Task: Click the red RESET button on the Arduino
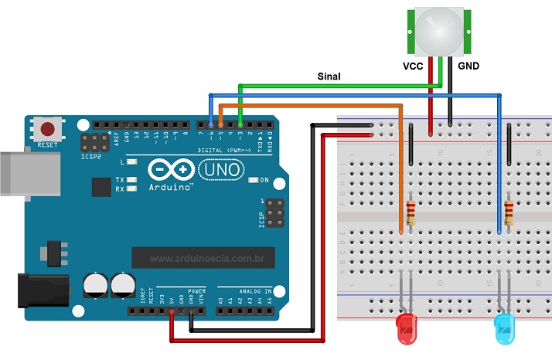(48, 130)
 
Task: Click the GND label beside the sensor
(469, 66)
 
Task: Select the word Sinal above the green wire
(329, 76)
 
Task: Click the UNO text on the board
(221, 169)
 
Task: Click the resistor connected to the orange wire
(410, 211)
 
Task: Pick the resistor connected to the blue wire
(509, 211)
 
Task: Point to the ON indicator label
(264, 180)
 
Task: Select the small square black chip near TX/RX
(101, 186)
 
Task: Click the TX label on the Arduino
(121, 179)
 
